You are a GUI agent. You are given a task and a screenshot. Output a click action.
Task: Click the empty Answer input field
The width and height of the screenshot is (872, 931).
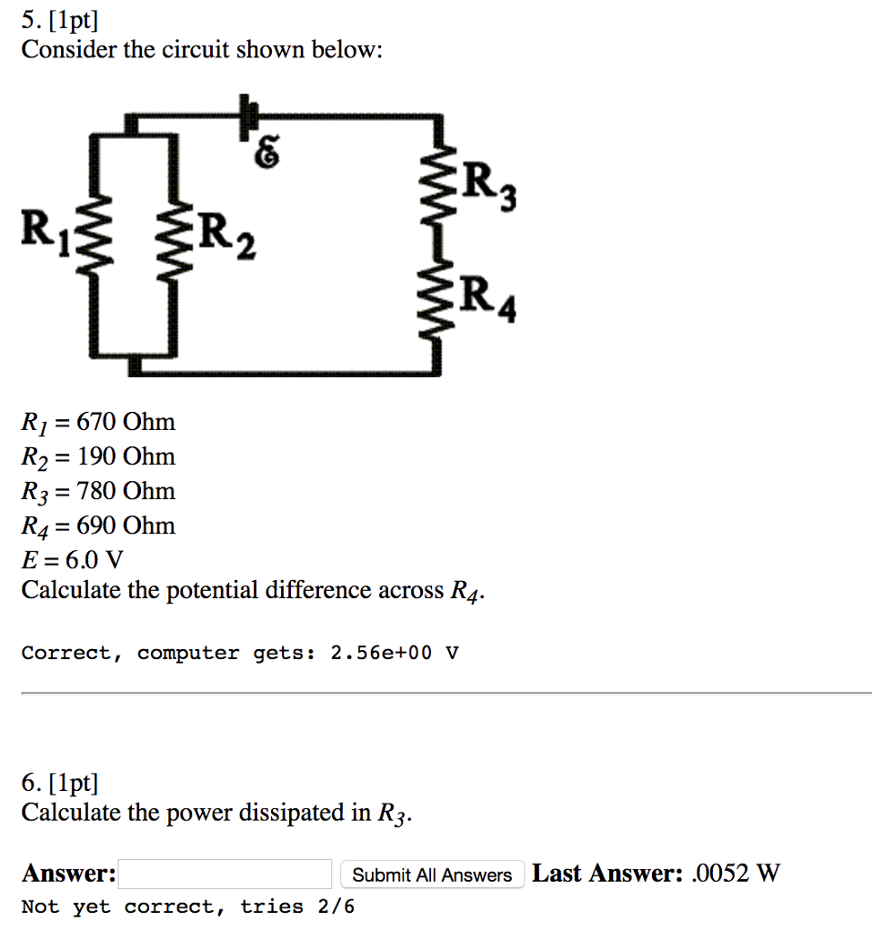pos(225,875)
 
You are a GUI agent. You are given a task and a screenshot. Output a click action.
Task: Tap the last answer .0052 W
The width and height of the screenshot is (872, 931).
pos(736,874)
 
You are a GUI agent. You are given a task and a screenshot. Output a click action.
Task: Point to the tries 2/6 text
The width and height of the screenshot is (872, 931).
pos(298,906)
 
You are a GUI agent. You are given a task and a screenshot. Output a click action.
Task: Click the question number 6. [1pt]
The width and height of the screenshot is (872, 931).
pos(60,781)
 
